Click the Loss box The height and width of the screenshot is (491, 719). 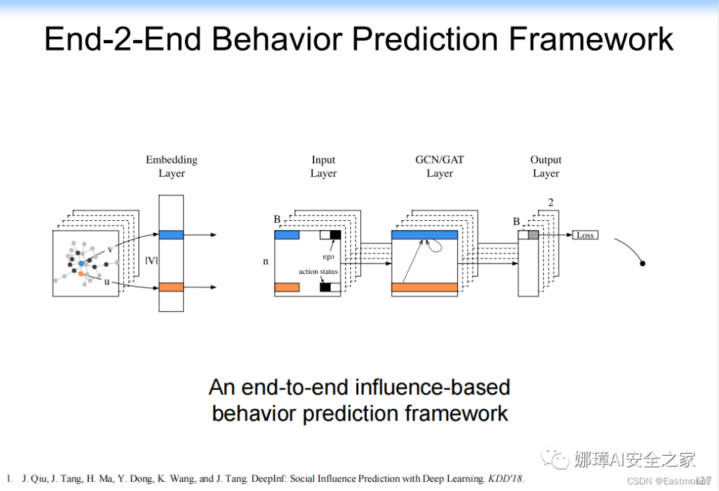click(585, 235)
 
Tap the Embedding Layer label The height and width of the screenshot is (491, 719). click(172, 166)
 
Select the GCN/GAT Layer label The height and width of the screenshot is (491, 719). click(439, 166)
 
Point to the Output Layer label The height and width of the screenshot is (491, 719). click(546, 166)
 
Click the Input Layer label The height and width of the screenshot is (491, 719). click(324, 166)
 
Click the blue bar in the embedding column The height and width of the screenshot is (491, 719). click(171, 235)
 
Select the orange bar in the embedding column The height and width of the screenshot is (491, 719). click(171, 287)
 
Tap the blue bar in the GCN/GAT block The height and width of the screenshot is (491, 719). click(425, 235)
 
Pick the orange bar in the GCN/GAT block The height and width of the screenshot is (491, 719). click(425, 287)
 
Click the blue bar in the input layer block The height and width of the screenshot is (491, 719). click(287, 235)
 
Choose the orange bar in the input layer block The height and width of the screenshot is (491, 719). click(287, 287)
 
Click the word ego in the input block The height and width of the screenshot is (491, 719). click(328, 256)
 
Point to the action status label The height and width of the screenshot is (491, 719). click(318, 271)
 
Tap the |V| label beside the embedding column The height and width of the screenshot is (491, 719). click(151, 260)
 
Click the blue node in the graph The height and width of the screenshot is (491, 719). click(81, 263)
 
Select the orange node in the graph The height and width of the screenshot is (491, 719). click(81, 273)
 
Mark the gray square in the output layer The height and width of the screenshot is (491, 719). click(533, 235)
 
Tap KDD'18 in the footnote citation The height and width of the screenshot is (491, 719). click(507, 478)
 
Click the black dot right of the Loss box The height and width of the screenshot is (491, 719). click(642, 263)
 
